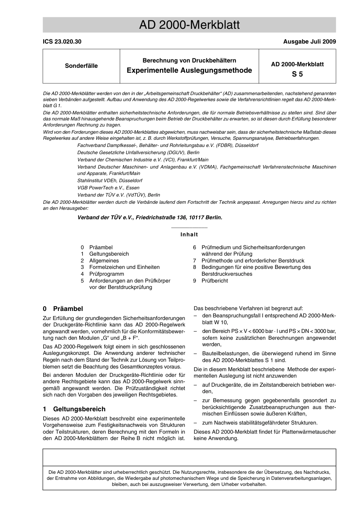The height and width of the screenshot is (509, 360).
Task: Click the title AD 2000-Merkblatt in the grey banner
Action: click(189, 25)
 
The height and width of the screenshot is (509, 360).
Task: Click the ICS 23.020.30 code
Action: click(62, 42)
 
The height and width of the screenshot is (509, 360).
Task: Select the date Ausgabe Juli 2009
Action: click(309, 42)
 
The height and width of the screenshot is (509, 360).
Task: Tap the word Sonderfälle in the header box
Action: click(81, 66)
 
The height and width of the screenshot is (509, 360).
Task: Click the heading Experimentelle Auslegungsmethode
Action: click(189, 70)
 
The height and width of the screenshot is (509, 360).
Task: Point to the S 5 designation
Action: click(297, 74)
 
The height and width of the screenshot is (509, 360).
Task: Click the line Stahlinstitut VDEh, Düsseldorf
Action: click(110, 181)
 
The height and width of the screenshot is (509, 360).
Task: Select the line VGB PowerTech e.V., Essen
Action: click(108, 188)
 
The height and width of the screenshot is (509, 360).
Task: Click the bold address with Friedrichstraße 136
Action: click(150, 217)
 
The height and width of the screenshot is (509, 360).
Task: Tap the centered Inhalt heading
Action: click(189, 234)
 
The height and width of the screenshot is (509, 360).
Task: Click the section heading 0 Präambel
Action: click(63, 309)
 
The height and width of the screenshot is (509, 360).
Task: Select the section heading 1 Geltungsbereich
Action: click(74, 409)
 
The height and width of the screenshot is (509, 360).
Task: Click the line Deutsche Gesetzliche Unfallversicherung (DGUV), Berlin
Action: click(138, 153)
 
